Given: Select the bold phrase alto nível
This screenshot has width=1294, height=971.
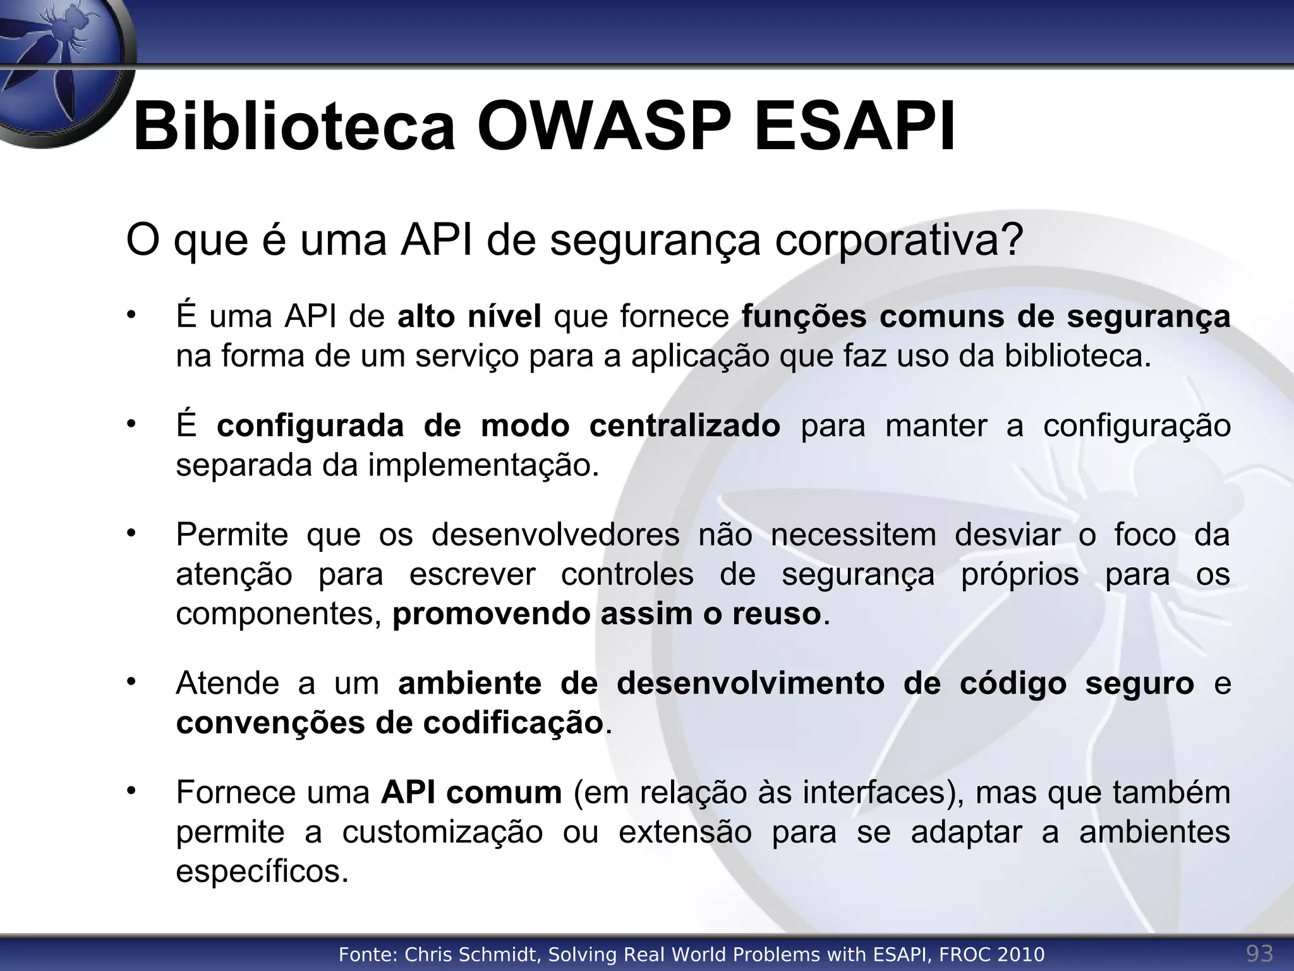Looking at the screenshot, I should click(469, 316).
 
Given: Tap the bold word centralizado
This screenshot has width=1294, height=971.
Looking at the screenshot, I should click(685, 425).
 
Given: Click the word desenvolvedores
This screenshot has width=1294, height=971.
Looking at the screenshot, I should click(555, 535).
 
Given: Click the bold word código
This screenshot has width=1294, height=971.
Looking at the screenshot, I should click(1013, 683).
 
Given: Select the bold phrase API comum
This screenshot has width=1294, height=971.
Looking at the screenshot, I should click(471, 793).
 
